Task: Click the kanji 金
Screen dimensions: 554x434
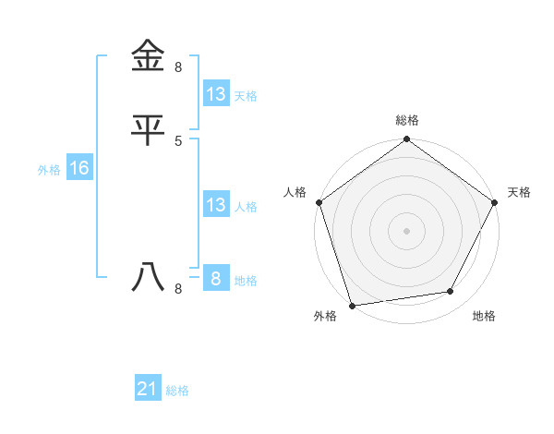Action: click(148, 56)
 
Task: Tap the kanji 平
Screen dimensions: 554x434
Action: click(148, 129)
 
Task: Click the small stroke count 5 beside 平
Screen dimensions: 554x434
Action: click(178, 140)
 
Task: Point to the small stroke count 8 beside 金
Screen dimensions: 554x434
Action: click(178, 67)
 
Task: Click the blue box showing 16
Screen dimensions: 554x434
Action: click(78, 168)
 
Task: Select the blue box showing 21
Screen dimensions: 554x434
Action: click(148, 390)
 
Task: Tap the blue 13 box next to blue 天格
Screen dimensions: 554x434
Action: click(216, 94)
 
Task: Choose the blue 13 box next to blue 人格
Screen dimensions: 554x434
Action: click(216, 205)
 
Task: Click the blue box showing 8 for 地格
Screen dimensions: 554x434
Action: click(216, 279)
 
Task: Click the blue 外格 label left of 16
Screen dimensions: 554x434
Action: click(49, 170)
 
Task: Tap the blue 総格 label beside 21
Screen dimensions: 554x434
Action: click(177, 392)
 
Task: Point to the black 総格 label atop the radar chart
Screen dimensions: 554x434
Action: click(407, 120)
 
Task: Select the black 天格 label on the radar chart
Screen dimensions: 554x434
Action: click(519, 192)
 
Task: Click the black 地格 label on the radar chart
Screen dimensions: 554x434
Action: click(484, 317)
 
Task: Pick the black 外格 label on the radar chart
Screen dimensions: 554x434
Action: click(325, 317)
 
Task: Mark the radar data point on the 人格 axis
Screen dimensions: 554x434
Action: click(319, 202)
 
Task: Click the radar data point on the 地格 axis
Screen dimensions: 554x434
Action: click(451, 292)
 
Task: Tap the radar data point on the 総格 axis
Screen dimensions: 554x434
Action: click(406, 139)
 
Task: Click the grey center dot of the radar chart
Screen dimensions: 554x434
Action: click(406, 230)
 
